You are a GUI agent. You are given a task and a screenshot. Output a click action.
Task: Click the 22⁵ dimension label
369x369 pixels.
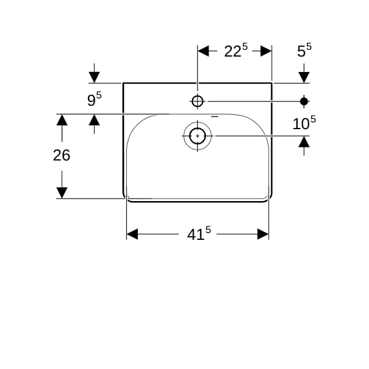click(x=236, y=50)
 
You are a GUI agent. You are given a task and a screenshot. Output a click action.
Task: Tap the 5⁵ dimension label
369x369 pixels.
click(x=304, y=50)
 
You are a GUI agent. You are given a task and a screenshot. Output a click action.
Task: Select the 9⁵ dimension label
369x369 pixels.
click(x=94, y=99)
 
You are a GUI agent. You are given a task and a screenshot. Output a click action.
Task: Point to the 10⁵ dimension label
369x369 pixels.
click(x=304, y=123)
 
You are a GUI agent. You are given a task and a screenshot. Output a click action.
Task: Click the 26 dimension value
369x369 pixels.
click(x=61, y=156)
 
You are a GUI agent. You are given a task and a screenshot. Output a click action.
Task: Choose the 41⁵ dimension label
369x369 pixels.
click(x=199, y=234)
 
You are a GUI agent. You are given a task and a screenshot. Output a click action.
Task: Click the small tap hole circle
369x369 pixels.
click(x=197, y=101)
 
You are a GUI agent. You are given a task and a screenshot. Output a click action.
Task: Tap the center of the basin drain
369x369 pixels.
click(x=197, y=136)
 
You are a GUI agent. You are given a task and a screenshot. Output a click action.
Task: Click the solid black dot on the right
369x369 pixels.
click(x=304, y=101)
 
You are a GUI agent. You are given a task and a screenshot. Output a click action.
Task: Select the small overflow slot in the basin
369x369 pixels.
click(x=215, y=116)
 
